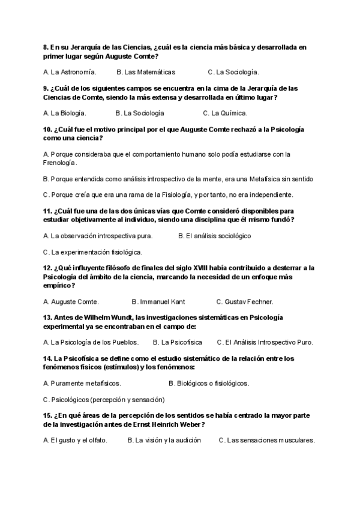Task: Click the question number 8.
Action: point(46,46)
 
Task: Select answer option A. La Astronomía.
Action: point(70,72)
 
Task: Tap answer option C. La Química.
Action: point(225,113)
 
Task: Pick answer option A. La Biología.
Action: point(65,113)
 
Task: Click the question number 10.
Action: point(48,129)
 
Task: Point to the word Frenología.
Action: point(60,163)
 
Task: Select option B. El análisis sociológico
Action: point(214,236)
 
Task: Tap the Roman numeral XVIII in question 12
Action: point(202,268)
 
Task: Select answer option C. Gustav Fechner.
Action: point(245,301)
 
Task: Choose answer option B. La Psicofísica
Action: point(177,342)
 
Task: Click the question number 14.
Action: point(48,358)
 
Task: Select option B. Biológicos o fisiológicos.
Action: point(209,383)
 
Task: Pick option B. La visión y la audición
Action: point(163,440)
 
